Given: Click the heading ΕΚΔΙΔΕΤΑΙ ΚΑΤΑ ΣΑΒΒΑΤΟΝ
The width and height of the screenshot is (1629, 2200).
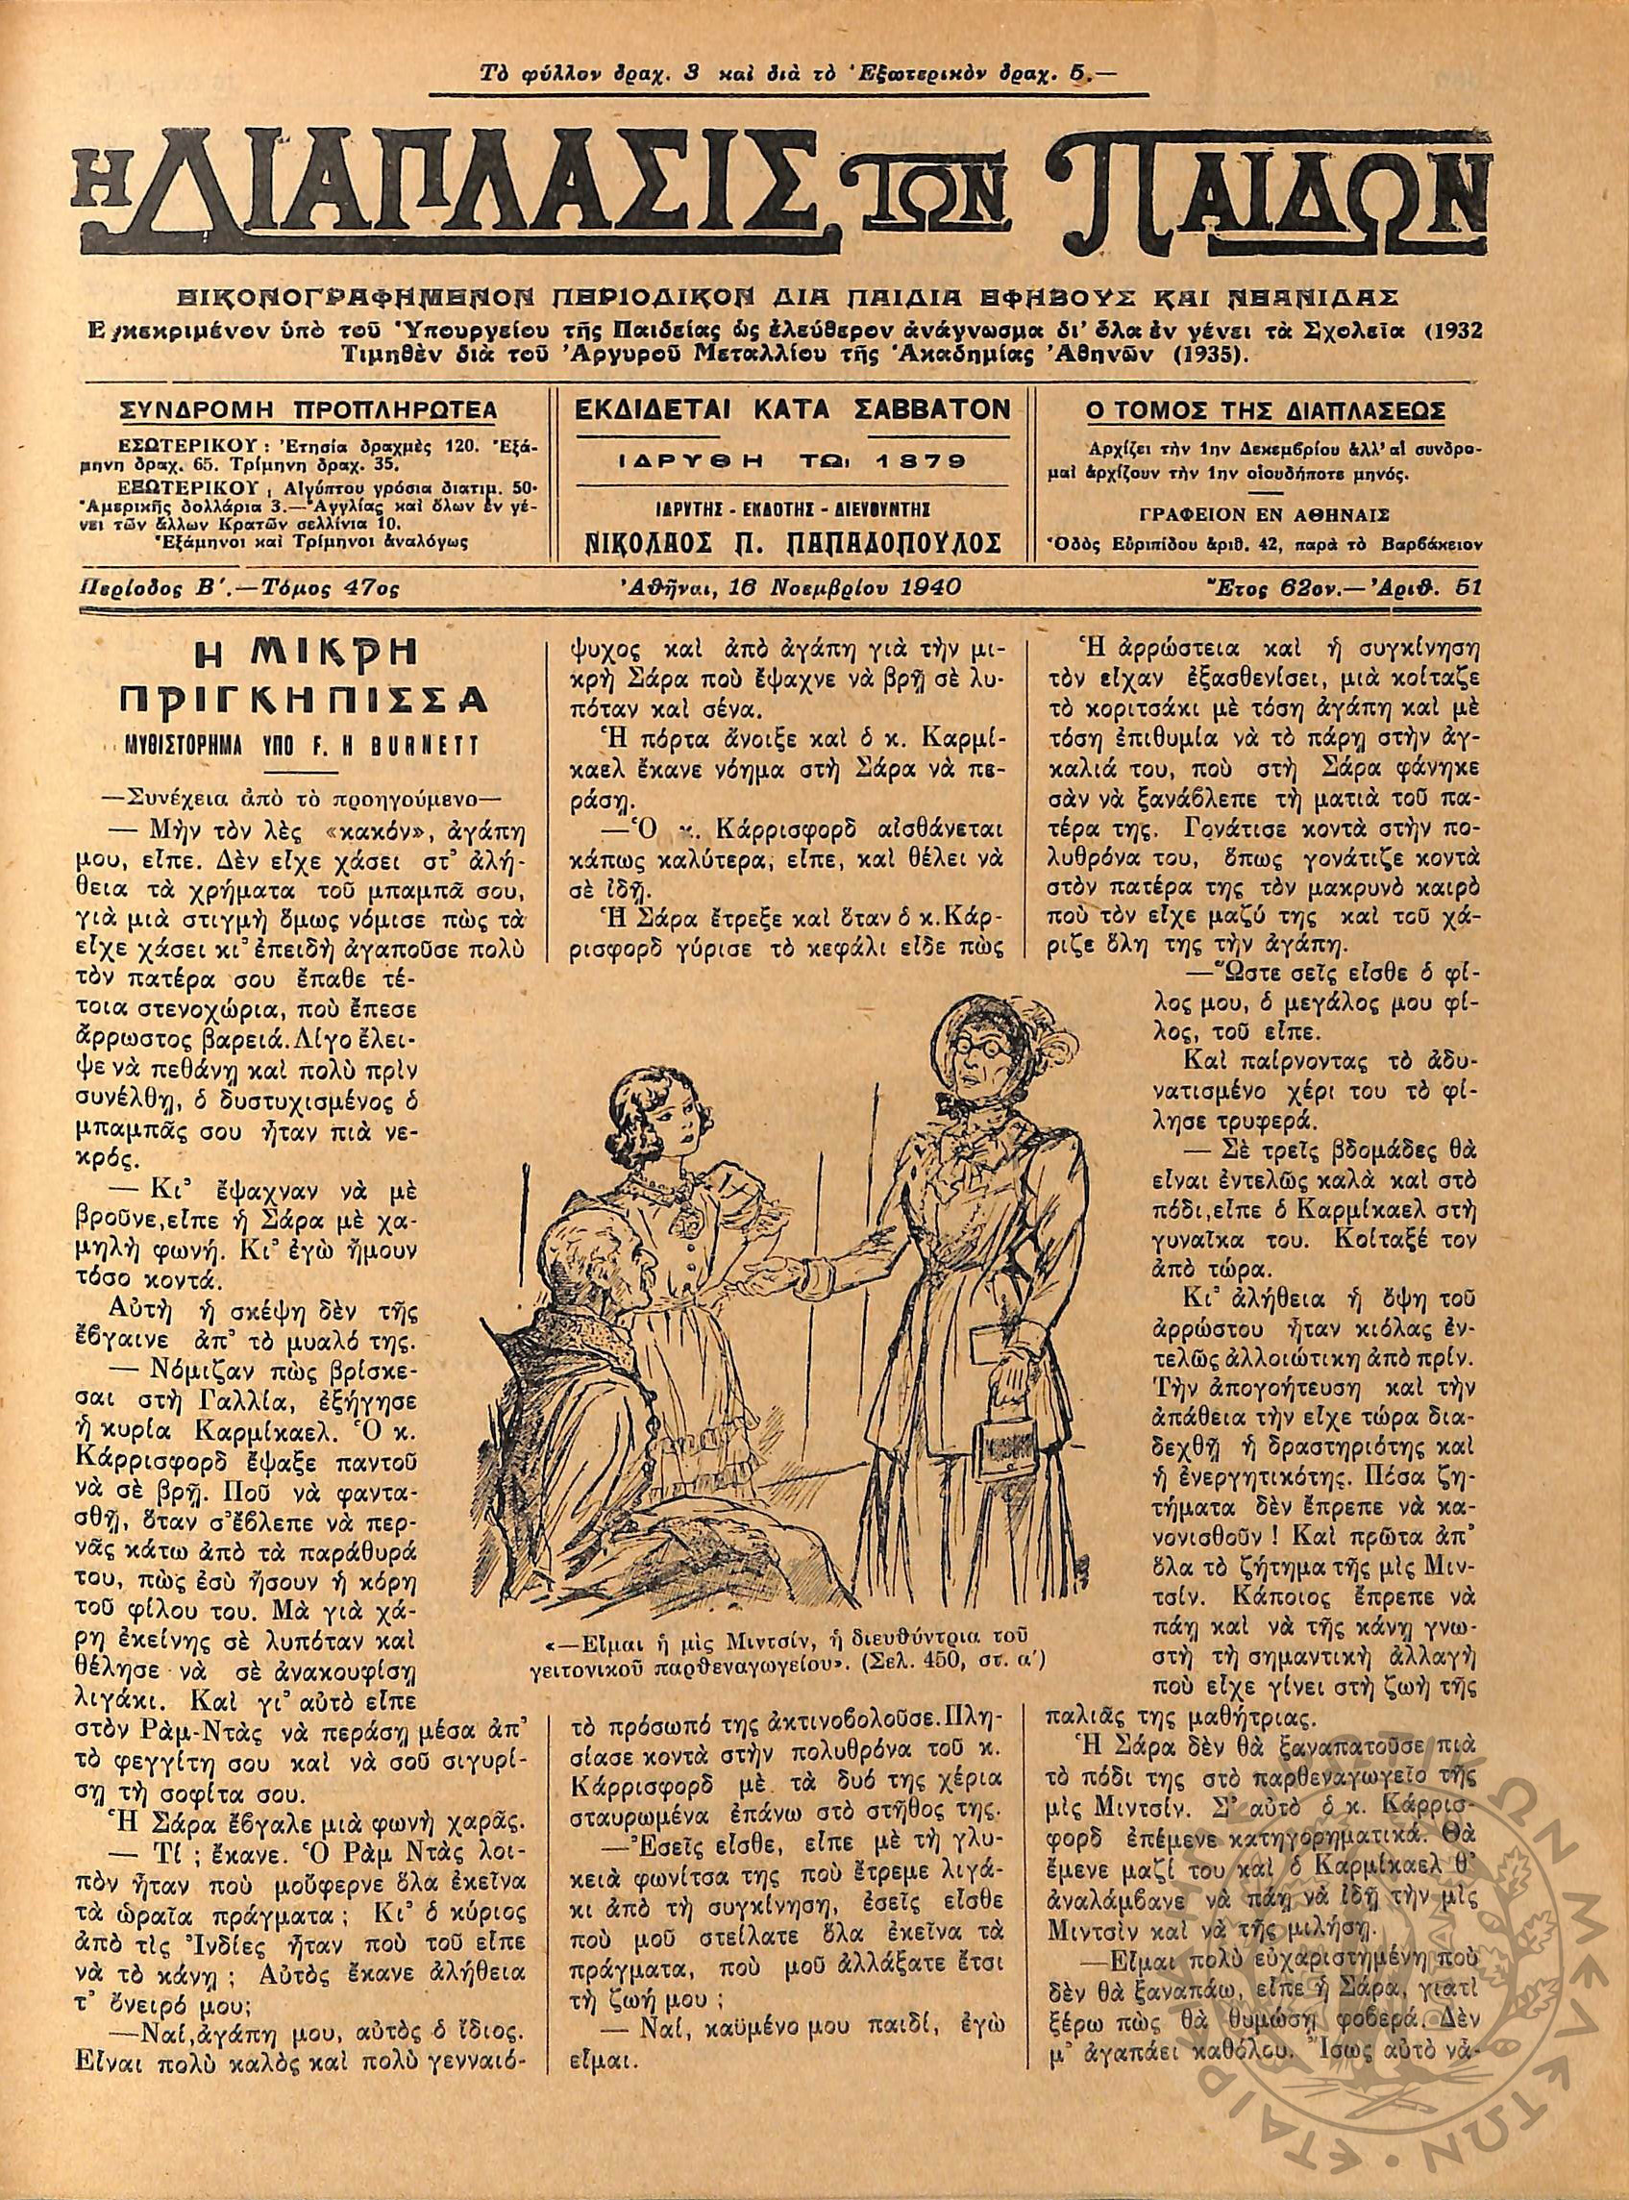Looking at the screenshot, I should (786, 408).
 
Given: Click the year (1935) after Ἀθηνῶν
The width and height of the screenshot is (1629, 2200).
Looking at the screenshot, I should (1218, 352).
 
